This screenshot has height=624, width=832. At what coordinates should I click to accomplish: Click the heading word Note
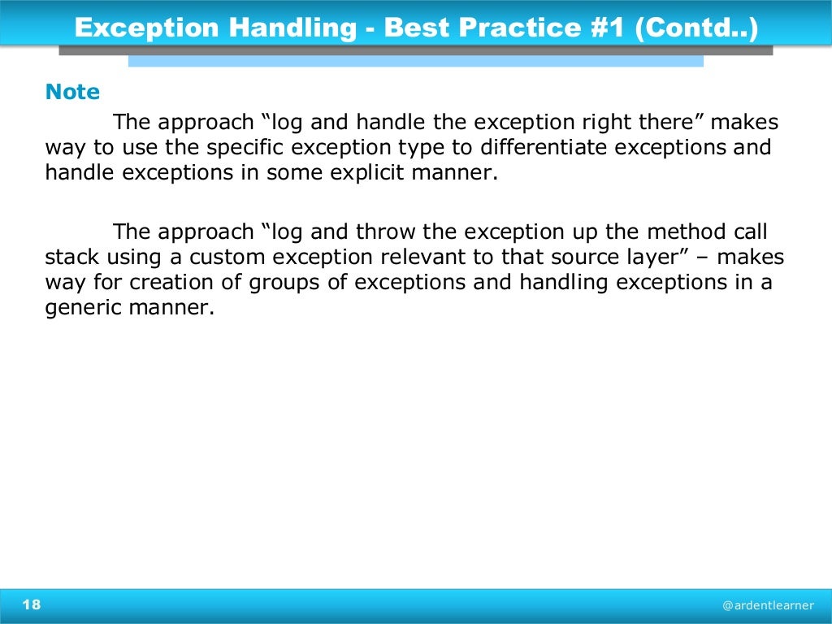pyautogui.click(x=72, y=93)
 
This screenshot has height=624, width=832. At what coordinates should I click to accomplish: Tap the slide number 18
pyautogui.click(x=32, y=604)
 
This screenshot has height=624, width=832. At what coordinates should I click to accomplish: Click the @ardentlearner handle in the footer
pyautogui.click(x=768, y=605)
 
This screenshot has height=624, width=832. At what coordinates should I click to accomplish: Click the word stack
pyautogui.click(x=71, y=258)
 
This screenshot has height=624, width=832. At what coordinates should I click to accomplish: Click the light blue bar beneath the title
pyautogui.click(x=415, y=61)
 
